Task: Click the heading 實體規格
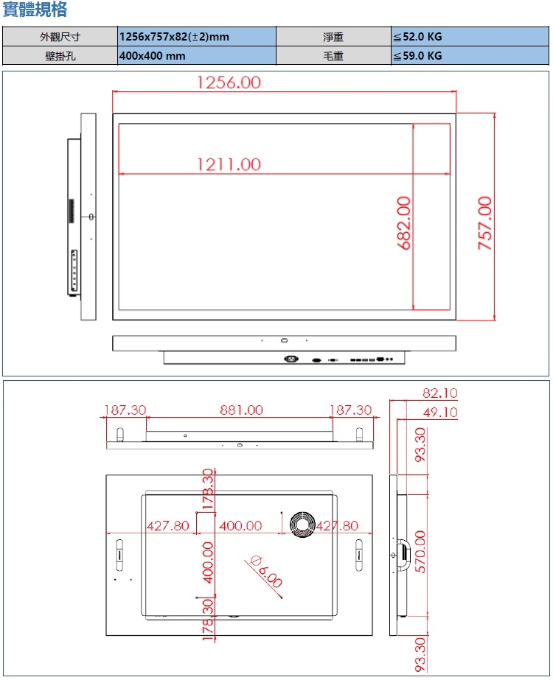tap(35, 10)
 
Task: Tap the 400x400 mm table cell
tap(152, 56)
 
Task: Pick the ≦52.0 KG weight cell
tap(417, 37)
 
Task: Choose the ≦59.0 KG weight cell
tap(417, 56)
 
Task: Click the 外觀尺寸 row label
tap(60, 37)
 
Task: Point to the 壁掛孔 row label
tap(60, 56)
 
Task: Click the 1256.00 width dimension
tap(229, 82)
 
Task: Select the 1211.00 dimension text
tap(229, 164)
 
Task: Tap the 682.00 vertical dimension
tap(404, 222)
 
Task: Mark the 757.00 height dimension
tap(484, 222)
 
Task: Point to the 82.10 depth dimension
tap(439, 392)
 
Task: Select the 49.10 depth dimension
tap(439, 413)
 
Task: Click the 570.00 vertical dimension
tap(420, 555)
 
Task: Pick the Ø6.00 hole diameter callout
tap(266, 570)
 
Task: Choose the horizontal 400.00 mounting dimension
tap(240, 525)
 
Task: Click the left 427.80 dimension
tap(168, 525)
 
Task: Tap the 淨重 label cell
tap(333, 37)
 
